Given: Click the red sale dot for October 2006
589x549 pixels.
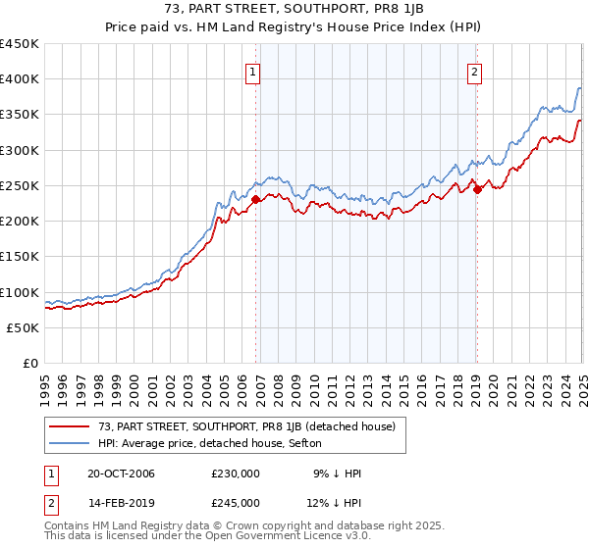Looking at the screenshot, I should (x=255, y=199).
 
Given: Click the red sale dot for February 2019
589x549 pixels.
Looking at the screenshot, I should (x=477, y=189).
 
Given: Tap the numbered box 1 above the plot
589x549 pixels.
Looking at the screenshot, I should (x=253, y=71).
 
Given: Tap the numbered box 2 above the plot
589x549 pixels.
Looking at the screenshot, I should (x=474, y=71).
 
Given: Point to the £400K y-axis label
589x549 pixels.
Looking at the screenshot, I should (x=20, y=79).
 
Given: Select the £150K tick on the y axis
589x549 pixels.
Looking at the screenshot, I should (x=20, y=257).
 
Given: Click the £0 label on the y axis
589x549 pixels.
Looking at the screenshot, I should (x=31, y=363).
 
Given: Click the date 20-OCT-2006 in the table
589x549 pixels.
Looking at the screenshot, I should (x=121, y=474).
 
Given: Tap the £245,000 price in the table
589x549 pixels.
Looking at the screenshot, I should (x=235, y=503).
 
